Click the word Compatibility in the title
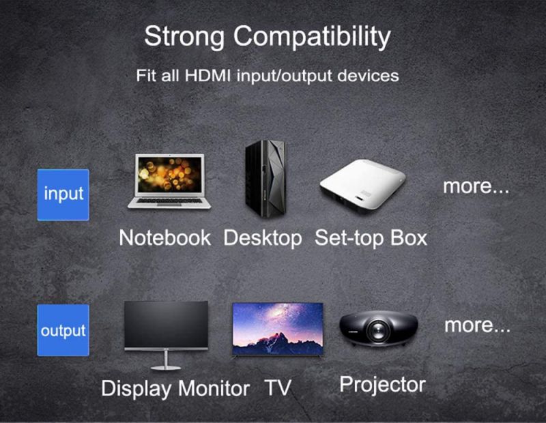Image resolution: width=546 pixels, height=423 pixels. coord(309,38)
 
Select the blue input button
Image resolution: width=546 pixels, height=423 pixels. coord(63,194)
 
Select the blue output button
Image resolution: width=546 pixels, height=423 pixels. coord(63,330)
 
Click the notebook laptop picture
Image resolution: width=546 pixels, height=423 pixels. coord(169,181)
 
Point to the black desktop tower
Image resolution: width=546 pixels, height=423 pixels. coord(265,179)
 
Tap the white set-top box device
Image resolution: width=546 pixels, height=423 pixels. coord(362,186)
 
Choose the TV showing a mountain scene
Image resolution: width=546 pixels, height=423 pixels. coord(277,328)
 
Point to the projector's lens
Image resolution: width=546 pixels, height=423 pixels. coord(377,331)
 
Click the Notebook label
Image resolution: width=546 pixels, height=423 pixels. coord(164,238)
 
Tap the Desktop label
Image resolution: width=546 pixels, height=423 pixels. coord(263,238)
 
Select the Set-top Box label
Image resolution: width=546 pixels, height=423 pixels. coord(371,238)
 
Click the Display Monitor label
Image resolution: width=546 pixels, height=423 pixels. coord(175,388)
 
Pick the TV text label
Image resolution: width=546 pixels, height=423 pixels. coord(278,388)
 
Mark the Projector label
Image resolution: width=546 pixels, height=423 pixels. coord(382,384)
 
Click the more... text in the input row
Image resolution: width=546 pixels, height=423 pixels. coord(476,186)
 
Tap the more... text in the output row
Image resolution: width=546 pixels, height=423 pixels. coord(477,325)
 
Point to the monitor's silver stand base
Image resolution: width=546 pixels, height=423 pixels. coord(166,367)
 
